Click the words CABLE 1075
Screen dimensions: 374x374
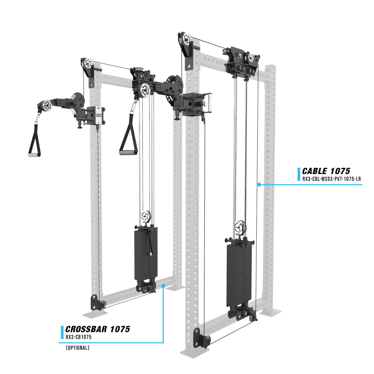326,171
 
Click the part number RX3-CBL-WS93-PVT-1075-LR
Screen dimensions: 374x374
331,179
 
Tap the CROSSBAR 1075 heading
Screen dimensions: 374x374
98,329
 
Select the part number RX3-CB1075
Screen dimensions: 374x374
79,337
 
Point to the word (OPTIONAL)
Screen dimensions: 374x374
78,348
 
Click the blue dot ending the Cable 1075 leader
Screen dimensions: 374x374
259,184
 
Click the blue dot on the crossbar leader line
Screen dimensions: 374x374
164,286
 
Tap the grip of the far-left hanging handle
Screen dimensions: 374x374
34,155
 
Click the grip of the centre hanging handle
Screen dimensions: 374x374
128,152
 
